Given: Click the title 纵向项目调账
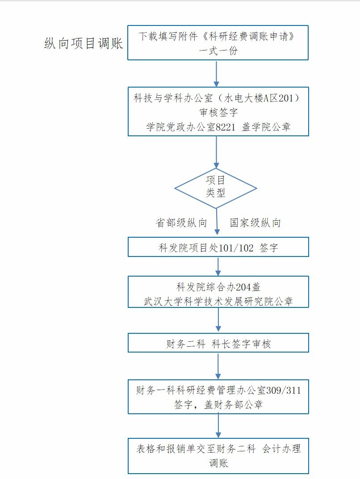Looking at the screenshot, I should coord(84,43).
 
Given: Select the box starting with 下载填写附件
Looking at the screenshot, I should coord(218,42).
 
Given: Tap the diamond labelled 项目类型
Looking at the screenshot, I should coord(216,188).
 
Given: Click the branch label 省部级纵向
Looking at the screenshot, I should coord(181,223).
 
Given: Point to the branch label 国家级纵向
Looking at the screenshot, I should coord(255,223).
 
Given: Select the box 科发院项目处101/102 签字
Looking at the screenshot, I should coord(218,247).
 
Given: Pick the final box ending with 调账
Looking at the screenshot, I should coord(218,456).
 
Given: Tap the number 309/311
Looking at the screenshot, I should coord(283,391).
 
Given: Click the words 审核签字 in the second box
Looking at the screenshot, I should coord(218,113).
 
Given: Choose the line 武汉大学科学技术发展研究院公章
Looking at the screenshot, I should coord(218,301).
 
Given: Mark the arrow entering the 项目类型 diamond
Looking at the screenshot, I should coord(217,152).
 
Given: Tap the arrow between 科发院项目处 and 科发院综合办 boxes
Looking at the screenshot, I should coord(218,266).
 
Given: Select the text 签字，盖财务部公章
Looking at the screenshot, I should coord(218,404).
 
